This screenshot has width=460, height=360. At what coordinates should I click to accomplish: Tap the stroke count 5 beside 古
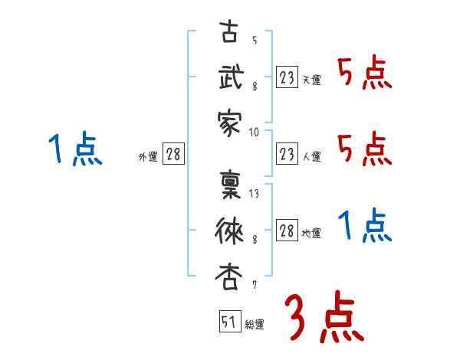(x=254, y=41)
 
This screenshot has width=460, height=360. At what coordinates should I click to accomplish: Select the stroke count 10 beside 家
(x=255, y=132)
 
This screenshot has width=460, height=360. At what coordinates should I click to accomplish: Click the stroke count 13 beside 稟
(x=255, y=194)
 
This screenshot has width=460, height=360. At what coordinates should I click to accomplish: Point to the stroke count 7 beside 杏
(x=254, y=285)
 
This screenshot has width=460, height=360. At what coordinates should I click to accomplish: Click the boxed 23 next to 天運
(x=287, y=77)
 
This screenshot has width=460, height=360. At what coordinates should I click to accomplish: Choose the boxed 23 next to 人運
(x=287, y=154)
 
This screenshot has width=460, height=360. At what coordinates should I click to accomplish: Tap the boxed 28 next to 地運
(x=287, y=231)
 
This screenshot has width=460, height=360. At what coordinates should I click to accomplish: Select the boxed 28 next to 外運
(x=173, y=155)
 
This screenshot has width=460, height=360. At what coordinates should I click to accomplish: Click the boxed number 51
(x=228, y=322)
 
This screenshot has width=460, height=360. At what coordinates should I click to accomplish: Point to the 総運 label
(x=255, y=325)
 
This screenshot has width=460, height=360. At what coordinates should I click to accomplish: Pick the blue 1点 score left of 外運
(x=74, y=149)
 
